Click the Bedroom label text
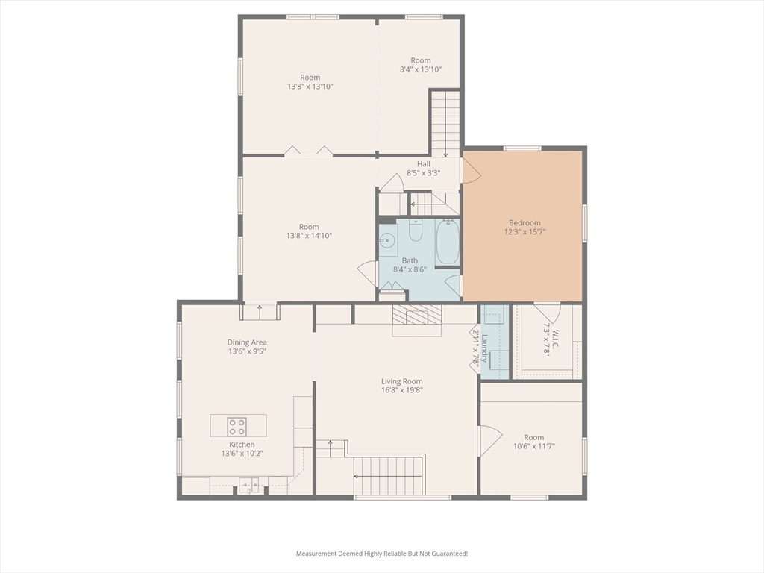525,223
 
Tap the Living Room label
402,381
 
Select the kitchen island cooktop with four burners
237,427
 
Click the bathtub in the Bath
447,242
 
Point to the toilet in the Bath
415,230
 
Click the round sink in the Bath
388,240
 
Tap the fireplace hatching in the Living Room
416,315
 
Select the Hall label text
424,164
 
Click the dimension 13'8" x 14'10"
309,236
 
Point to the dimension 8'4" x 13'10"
421,69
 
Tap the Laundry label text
483,348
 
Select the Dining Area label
247,342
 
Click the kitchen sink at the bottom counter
248,484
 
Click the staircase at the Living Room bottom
389,476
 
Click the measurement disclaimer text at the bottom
382,554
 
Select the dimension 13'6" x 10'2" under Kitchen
242,454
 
